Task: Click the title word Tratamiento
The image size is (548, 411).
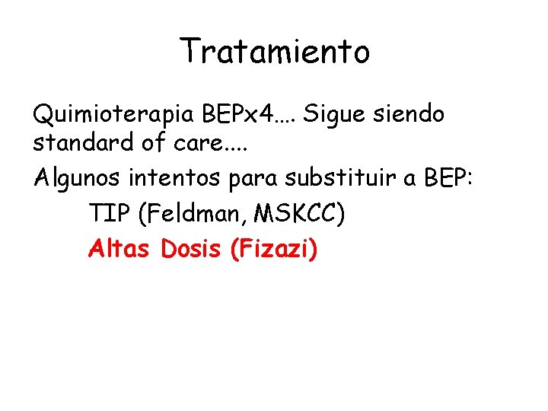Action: point(275,52)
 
